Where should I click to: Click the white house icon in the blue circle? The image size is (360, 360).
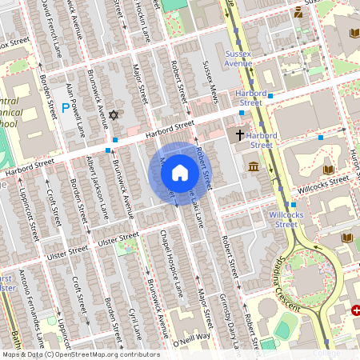coord(179,173)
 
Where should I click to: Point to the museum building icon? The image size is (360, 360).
coord(254,166)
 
